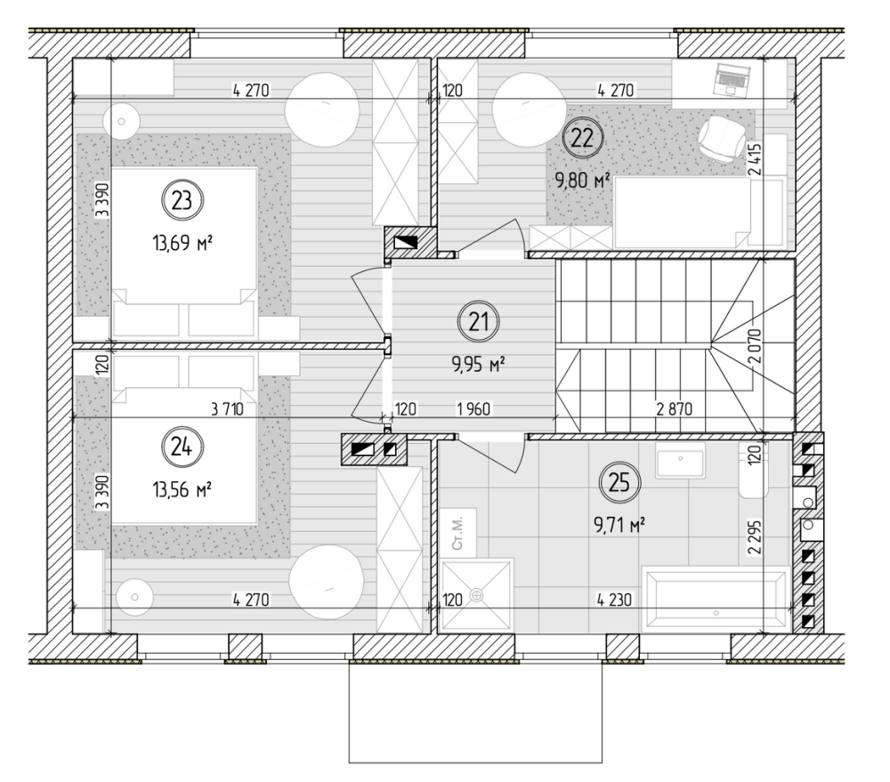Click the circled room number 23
182,200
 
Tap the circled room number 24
182,447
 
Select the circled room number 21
479,322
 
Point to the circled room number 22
582,137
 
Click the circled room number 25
619,482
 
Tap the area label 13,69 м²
182,244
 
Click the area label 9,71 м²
619,526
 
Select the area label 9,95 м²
479,365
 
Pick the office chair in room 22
721,138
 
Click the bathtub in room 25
716,599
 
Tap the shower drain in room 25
477,595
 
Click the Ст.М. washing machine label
458,533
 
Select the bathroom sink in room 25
681,460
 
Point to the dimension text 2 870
674,408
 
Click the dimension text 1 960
473,408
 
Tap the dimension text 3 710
227,408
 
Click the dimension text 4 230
614,600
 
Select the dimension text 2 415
755,158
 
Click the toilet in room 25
753,470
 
